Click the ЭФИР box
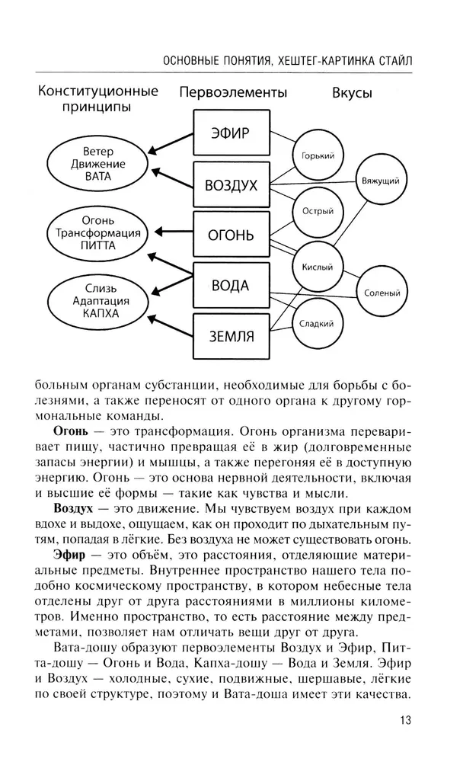pos(230,135)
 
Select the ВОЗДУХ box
pos(230,185)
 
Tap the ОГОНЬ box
pos(230,235)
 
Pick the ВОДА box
pos(230,285)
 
